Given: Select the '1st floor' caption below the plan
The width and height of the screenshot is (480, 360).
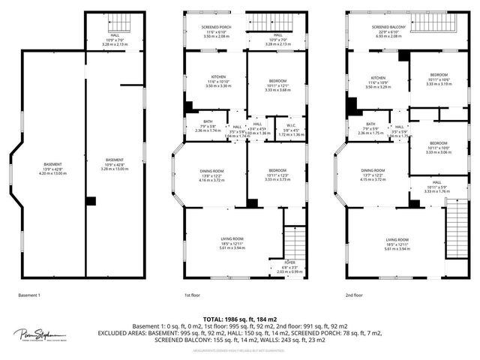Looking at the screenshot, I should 193,295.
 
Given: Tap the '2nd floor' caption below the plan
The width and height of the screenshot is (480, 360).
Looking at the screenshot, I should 354,295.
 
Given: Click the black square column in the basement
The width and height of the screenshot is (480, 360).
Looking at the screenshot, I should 91,201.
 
